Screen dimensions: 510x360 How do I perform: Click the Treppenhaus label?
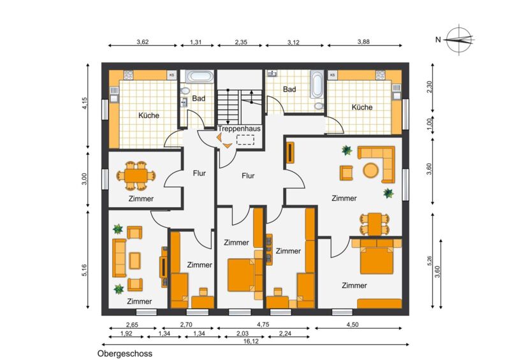(239, 129)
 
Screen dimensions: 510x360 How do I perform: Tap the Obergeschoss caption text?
(124, 354)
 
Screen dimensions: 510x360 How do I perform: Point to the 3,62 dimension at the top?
(142, 41)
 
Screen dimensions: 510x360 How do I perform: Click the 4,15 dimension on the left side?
(85, 103)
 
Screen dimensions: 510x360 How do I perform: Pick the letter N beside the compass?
(438, 40)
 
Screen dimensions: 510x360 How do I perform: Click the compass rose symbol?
(459, 40)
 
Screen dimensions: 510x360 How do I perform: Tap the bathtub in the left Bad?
(200, 76)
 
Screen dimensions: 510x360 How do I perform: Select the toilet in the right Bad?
(319, 106)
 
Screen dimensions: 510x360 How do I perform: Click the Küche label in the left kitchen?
(149, 115)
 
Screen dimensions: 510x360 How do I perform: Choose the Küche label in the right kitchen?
(362, 107)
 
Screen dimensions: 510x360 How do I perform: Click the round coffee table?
(371, 170)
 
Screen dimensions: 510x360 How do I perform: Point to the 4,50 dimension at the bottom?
(353, 324)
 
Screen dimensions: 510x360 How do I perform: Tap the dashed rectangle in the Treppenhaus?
(245, 140)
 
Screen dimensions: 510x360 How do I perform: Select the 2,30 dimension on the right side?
(429, 87)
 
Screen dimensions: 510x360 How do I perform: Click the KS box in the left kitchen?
(171, 75)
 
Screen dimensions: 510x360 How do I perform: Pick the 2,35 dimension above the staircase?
(241, 41)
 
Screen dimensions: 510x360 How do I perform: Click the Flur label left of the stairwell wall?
(200, 173)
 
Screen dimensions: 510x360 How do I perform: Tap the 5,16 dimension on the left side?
(85, 271)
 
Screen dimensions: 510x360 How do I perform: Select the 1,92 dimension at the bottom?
(126, 333)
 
